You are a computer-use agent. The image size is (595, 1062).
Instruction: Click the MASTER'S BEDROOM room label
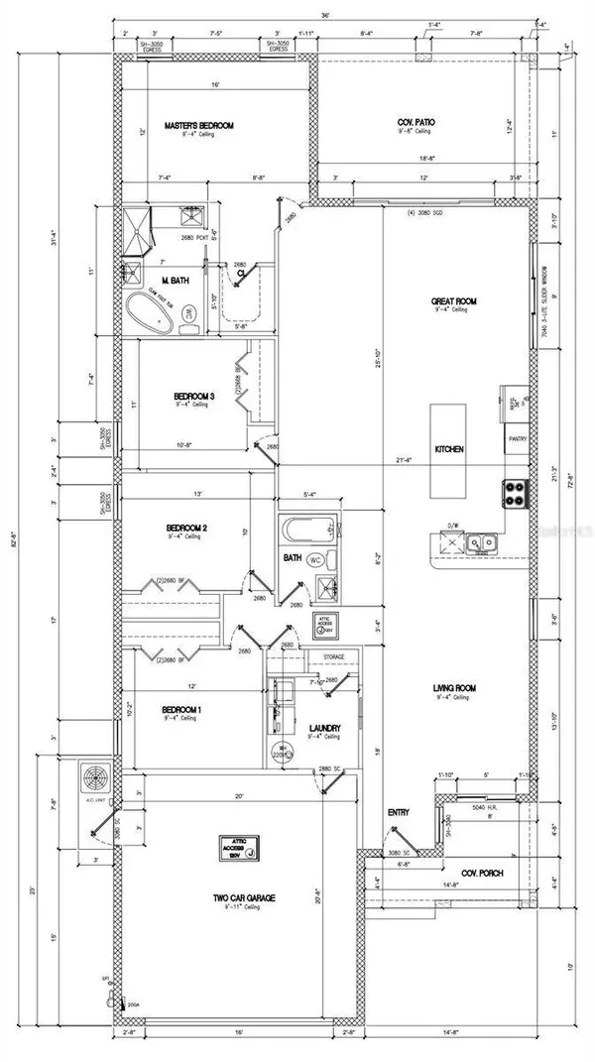pyautogui.click(x=198, y=126)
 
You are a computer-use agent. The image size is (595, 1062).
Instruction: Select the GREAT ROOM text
pyautogui.click(x=455, y=301)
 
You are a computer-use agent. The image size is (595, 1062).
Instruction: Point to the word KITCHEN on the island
pyautogui.click(x=449, y=449)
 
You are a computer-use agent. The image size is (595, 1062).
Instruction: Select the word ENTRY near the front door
pyautogui.click(x=398, y=812)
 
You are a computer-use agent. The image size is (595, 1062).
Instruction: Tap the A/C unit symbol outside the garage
pyautogui.click(x=99, y=779)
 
